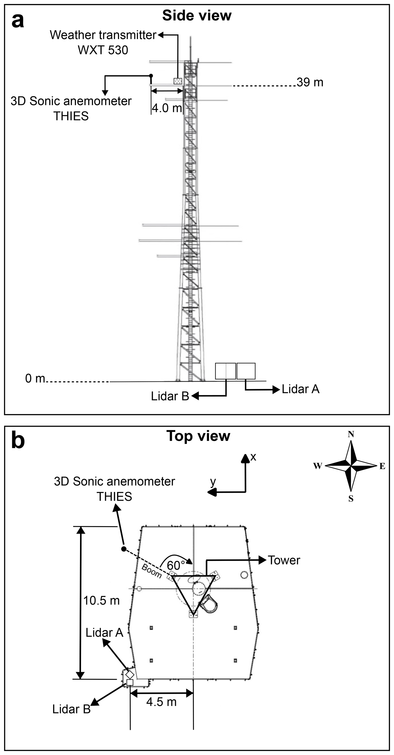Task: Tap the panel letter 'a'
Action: pyautogui.click(x=17, y=21)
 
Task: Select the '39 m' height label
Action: pyautogui.click(x=310, y=82)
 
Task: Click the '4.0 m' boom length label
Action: pyautogui.click(x=167, y=108)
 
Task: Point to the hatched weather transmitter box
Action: pyautogui.click(x=178, y=81)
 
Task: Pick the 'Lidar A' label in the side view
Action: pyautogui.click(x=300, y=389)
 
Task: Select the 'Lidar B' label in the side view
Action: pyautogui.click(x=170, y=396)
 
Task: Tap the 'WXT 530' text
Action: pyautogui.click(x=103, y=50)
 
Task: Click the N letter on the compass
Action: pyautogui.click(x=351, y=434)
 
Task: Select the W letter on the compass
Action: pyautogui.click(x=318, y=466)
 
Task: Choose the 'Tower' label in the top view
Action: pyautogui.click(x=284, y=560)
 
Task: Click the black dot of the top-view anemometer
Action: pyautogui.click(x=124, y=549)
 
